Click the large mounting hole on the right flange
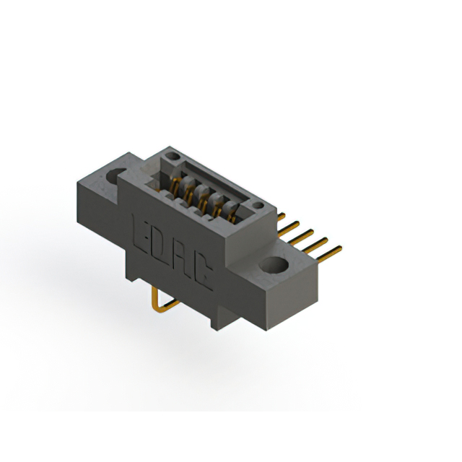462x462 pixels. point(274,264)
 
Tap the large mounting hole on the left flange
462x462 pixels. point(115,175)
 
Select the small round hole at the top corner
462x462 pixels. point(173,156)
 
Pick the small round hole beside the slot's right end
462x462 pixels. point(258,205)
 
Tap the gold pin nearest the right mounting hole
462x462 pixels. point(329,254)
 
